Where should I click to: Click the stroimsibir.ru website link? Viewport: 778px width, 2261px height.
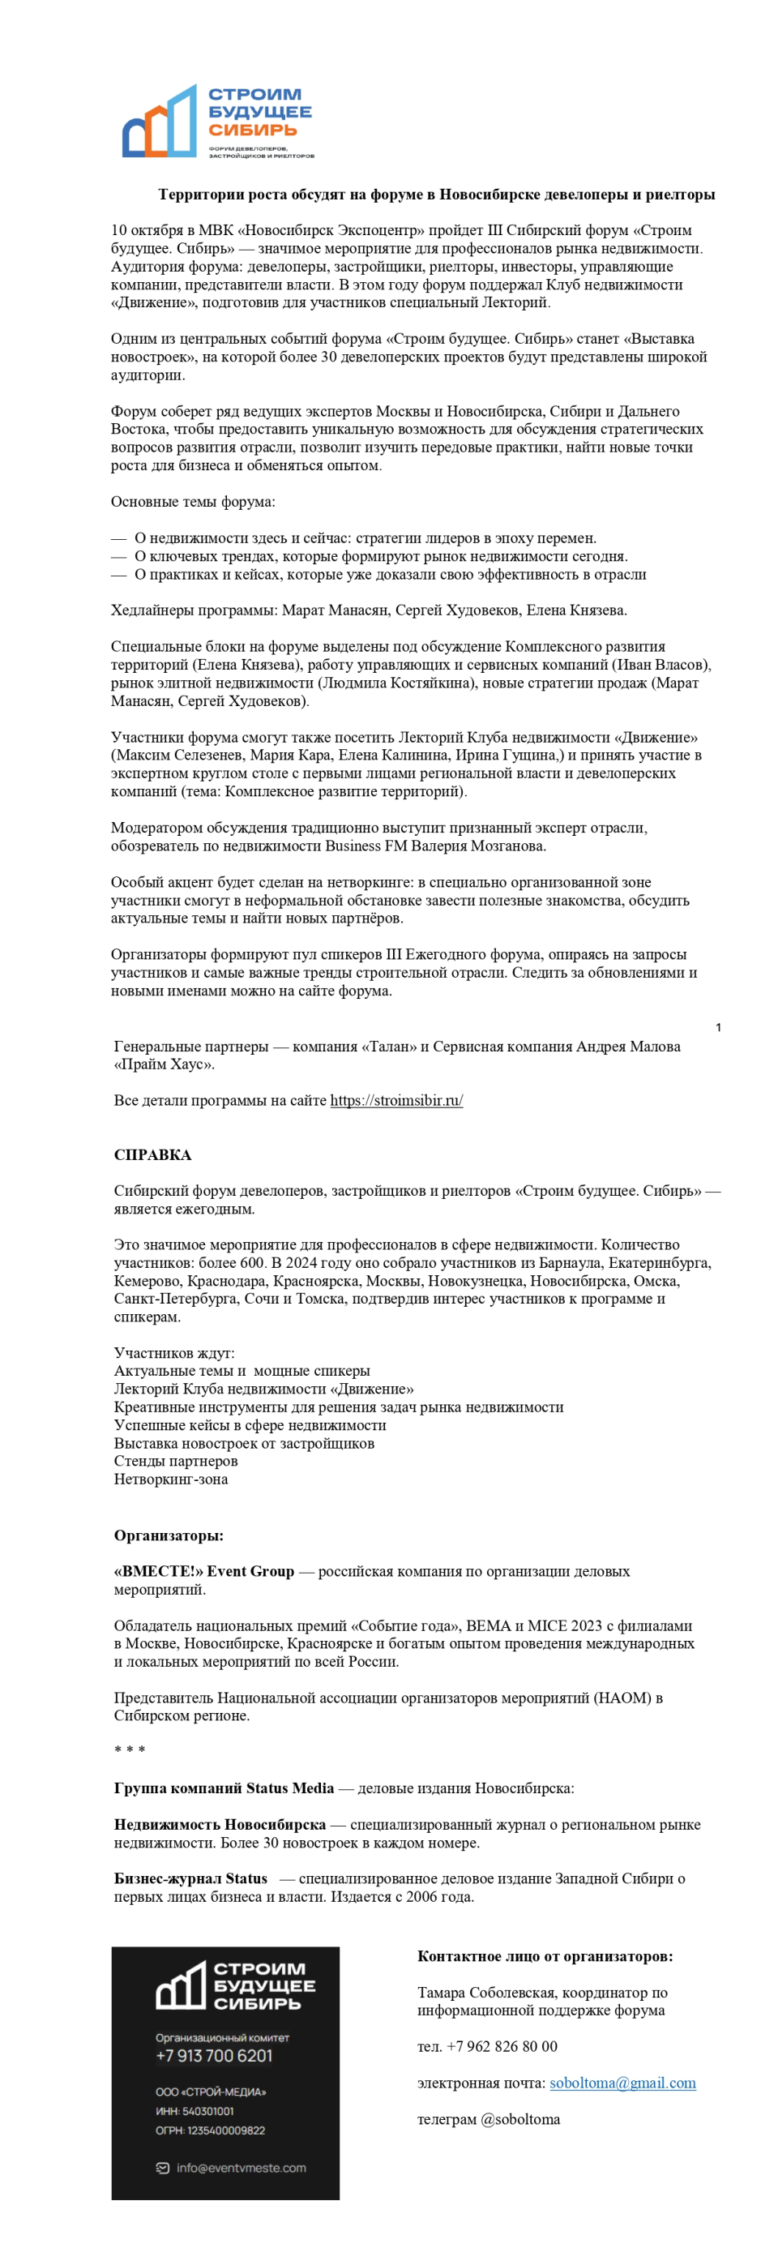click(x=396, y=1100)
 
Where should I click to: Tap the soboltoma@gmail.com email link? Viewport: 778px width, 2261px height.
click(x=622, y=2083)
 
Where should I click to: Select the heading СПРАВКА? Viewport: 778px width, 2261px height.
click(x=152, y=1154)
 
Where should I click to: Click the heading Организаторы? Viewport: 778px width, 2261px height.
click(x=169, y=1536)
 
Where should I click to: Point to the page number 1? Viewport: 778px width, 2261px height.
click(x=718, y=1027)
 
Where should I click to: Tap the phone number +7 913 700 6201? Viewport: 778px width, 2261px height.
click(x=214, y=2056)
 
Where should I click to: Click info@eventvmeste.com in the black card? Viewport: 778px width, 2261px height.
click(x=242, y=2168)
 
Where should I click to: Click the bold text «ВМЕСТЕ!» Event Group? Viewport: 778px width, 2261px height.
click(x=203, y=1571)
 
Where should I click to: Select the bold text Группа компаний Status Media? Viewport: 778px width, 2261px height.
click(x=224, y=1788)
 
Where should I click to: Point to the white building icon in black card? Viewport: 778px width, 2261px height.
click(x=181, y=1986)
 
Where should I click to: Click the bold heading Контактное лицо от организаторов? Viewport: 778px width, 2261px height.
click(x=545, y=1956)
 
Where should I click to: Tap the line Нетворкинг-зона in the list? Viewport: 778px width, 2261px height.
click(x=171, y=1479)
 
